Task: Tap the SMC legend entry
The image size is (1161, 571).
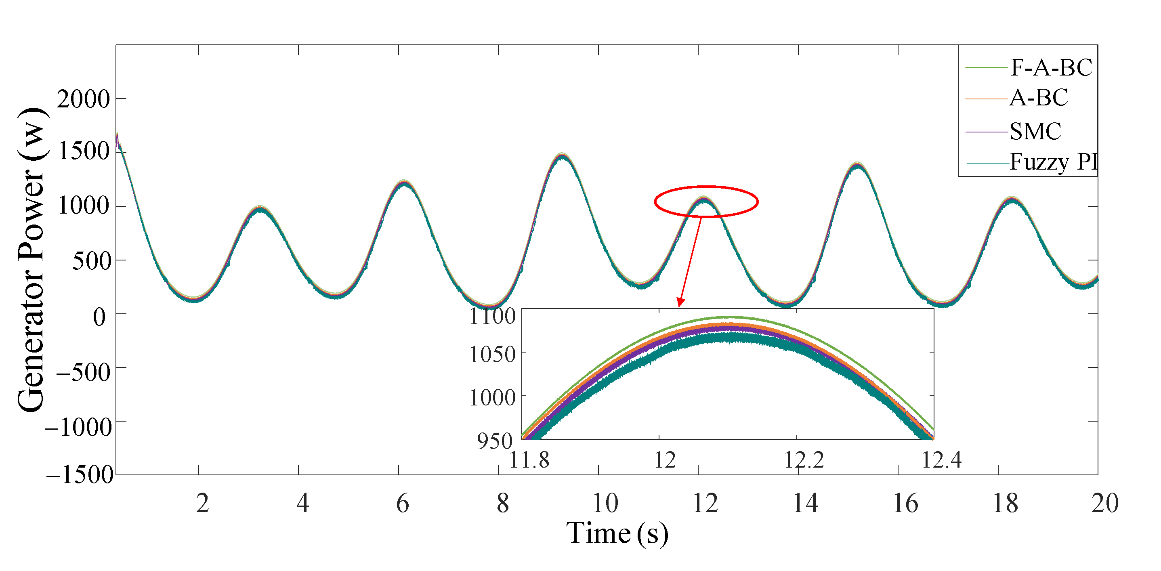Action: click(x=1035, y=132)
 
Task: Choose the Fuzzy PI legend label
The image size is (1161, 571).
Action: click(x=1053, y=162)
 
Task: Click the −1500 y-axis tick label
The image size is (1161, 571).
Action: click(x=80, y=474)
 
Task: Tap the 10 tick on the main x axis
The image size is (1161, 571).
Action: click(x=605, y=504)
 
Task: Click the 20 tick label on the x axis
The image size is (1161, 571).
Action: click(x=1104, y=504)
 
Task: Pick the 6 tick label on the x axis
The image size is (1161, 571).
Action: click(x=403, y=504)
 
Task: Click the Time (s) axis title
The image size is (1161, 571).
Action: click(x=617, y=533)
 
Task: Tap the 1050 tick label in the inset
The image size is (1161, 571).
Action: click(x=492, y=355)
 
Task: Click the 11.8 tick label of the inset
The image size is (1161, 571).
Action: click(x=529, y=460)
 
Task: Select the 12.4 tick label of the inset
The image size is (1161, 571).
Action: click(x=941, y=460)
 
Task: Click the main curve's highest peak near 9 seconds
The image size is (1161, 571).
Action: click(x=562, y=155)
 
